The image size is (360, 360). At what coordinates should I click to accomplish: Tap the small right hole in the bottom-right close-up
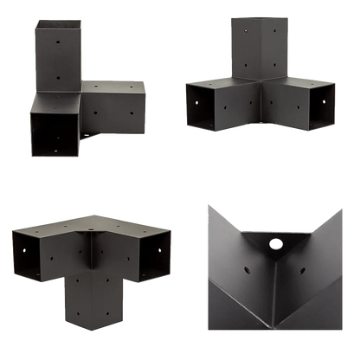304,257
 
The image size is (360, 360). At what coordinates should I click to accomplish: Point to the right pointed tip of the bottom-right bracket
345,204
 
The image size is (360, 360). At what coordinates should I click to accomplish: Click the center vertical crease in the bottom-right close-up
277,303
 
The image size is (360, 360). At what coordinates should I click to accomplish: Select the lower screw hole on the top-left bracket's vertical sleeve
59,74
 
